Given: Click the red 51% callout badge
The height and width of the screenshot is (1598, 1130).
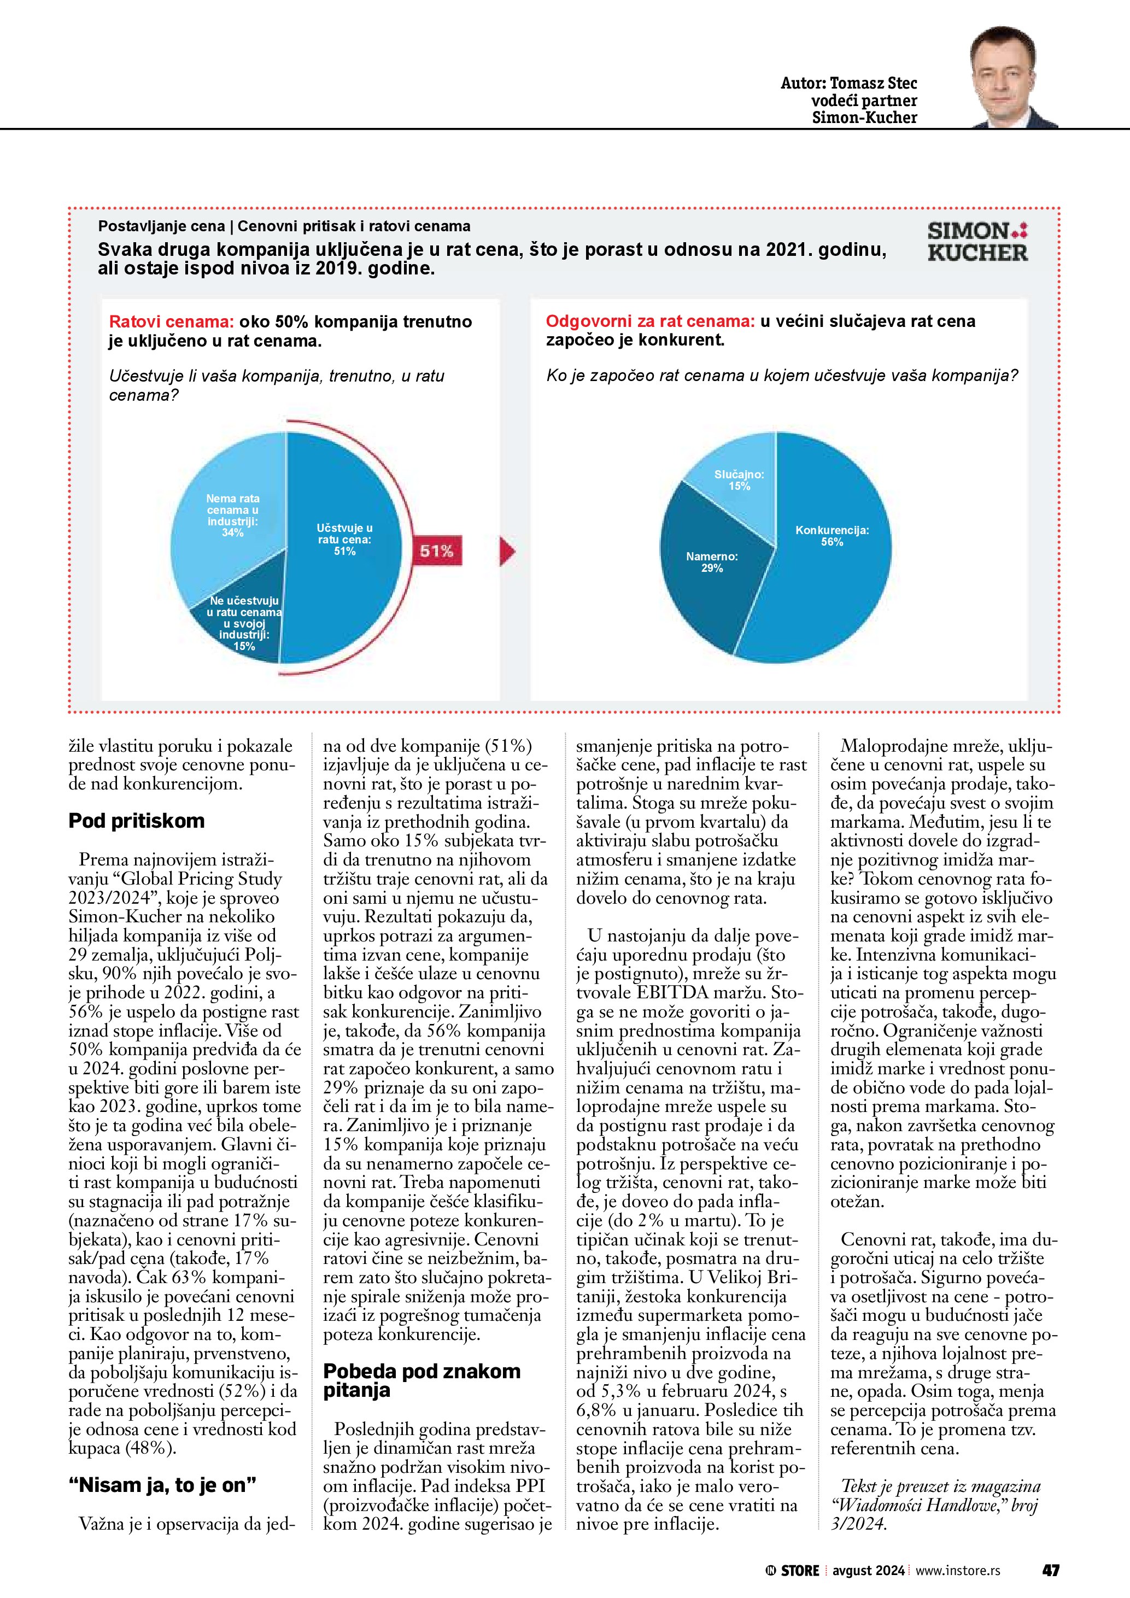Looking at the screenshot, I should click(437, 551).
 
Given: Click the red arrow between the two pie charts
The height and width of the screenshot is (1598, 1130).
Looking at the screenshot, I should click(507, 551).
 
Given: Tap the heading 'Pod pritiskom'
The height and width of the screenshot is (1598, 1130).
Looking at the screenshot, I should click(136, 821).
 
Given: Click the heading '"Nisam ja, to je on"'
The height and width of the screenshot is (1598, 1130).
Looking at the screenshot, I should click(162, 1485).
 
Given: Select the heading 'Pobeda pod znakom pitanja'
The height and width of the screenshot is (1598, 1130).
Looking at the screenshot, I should click(421, 1381).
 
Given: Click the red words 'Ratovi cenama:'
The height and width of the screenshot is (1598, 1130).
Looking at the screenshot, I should click(171, 321).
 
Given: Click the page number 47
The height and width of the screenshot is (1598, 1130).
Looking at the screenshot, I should click(1050, 1570).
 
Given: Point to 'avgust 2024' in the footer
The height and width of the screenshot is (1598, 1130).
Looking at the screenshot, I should click(868, 1570).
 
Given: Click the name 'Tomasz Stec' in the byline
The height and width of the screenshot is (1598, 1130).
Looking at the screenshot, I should click(873, 84).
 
